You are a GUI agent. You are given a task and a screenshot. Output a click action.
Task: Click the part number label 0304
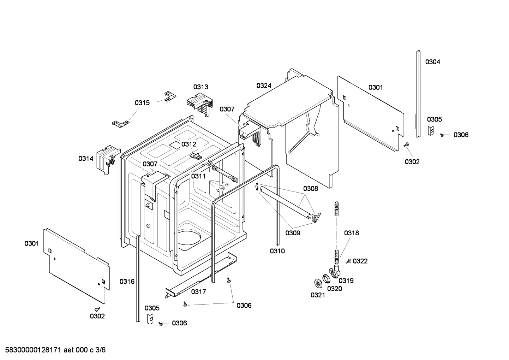(432, 62)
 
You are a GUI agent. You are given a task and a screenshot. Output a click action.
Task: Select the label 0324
(264, 85)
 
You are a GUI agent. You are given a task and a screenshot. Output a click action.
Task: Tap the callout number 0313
(200, 87)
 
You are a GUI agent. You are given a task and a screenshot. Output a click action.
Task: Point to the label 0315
(142, 103)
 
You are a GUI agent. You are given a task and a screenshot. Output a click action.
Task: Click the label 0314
(86, 159)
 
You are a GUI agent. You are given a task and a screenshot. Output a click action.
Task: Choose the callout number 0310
(277, 251)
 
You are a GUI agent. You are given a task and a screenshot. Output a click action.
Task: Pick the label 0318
(352, 233)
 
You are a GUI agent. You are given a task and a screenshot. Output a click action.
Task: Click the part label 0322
(360, 261)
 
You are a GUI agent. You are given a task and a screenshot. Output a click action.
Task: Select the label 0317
(198, 292)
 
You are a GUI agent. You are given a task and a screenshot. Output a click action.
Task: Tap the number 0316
(127, 282)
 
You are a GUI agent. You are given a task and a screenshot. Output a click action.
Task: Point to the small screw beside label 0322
(348, 261)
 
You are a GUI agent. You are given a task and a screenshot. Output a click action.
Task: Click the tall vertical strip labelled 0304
(418, 94)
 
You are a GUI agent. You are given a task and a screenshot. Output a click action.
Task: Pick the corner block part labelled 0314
(108, 158)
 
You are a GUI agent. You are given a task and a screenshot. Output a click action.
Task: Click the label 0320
(334, 289)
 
